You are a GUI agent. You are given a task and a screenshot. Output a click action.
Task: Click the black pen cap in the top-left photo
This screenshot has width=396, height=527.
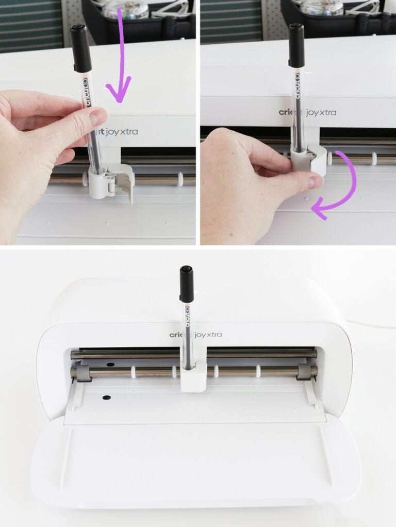click(80, 48)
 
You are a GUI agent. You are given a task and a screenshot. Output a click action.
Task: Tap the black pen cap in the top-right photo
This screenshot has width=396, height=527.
click(296, 45)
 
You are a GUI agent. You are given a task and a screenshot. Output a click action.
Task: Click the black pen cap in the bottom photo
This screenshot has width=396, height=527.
click(187, 284)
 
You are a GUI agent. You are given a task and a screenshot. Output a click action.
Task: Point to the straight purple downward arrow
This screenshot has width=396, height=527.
click(120, 57)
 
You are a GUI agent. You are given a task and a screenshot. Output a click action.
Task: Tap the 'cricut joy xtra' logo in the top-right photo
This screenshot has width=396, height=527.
click(307, 112)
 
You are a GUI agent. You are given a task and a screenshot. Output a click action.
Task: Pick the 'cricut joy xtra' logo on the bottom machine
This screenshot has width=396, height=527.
click(196, 335)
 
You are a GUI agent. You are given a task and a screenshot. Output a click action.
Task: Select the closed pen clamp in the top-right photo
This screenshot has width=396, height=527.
click(309, 160)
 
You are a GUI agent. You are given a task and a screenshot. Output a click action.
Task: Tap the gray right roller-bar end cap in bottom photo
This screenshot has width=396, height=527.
click(304, 372)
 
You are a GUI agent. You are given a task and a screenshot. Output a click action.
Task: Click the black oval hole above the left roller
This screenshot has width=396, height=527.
click(110, 364)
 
